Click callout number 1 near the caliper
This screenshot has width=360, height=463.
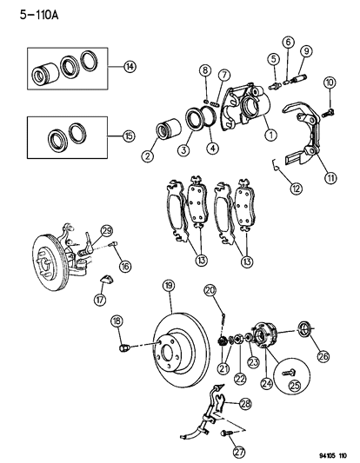(271, 135)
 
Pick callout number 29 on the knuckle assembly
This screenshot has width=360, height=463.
(106, 229)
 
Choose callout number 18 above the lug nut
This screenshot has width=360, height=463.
(117, 322)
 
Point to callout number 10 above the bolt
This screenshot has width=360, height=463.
(330, 83)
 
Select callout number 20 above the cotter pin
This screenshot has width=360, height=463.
(210, 290)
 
